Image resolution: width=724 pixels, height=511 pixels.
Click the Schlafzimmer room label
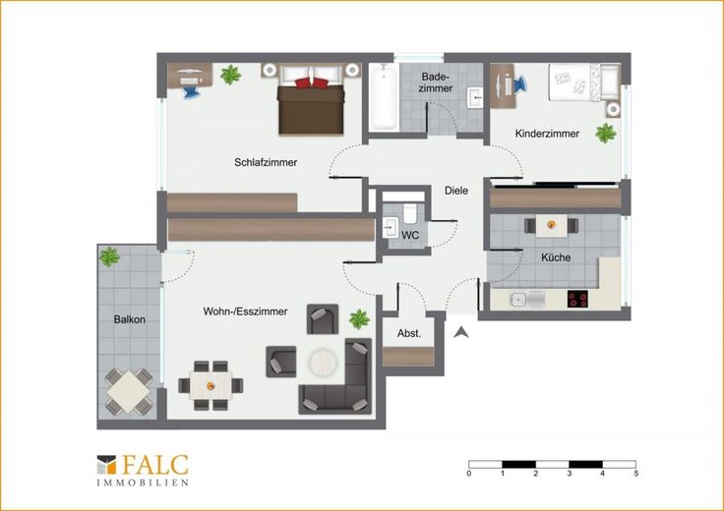pos(266,162)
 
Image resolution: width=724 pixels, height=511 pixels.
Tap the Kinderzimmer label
pos(547,134)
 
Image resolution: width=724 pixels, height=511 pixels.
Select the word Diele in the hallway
pos(456,191)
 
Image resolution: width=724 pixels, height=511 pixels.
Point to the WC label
pos(410,235)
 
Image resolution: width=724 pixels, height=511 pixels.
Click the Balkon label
pos(129,319)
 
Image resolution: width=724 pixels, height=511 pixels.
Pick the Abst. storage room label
pos(409,333)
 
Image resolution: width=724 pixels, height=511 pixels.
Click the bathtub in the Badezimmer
pos(384,96)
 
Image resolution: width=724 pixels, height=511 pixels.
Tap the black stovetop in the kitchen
pos(577,299)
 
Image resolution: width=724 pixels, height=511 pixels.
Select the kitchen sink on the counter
pos(527,300)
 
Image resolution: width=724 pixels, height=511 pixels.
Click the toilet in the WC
pos(410,213)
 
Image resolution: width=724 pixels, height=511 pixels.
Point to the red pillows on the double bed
pos(312,83)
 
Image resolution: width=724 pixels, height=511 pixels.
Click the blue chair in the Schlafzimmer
pos(190,91)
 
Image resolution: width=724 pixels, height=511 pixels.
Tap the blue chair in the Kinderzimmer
pos(519,85)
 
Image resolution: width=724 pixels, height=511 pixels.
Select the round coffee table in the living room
pos(324,361)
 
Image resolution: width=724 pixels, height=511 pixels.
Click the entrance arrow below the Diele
pos(460,332)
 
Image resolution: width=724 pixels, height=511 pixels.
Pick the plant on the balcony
pos(109,256)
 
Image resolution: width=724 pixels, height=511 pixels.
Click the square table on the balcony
pos(128,391)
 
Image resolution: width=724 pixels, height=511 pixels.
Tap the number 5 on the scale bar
pos(636,474)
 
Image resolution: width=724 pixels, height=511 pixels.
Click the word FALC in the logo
pos(155,465)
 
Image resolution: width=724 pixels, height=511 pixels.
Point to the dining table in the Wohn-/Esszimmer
pos(211,385)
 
